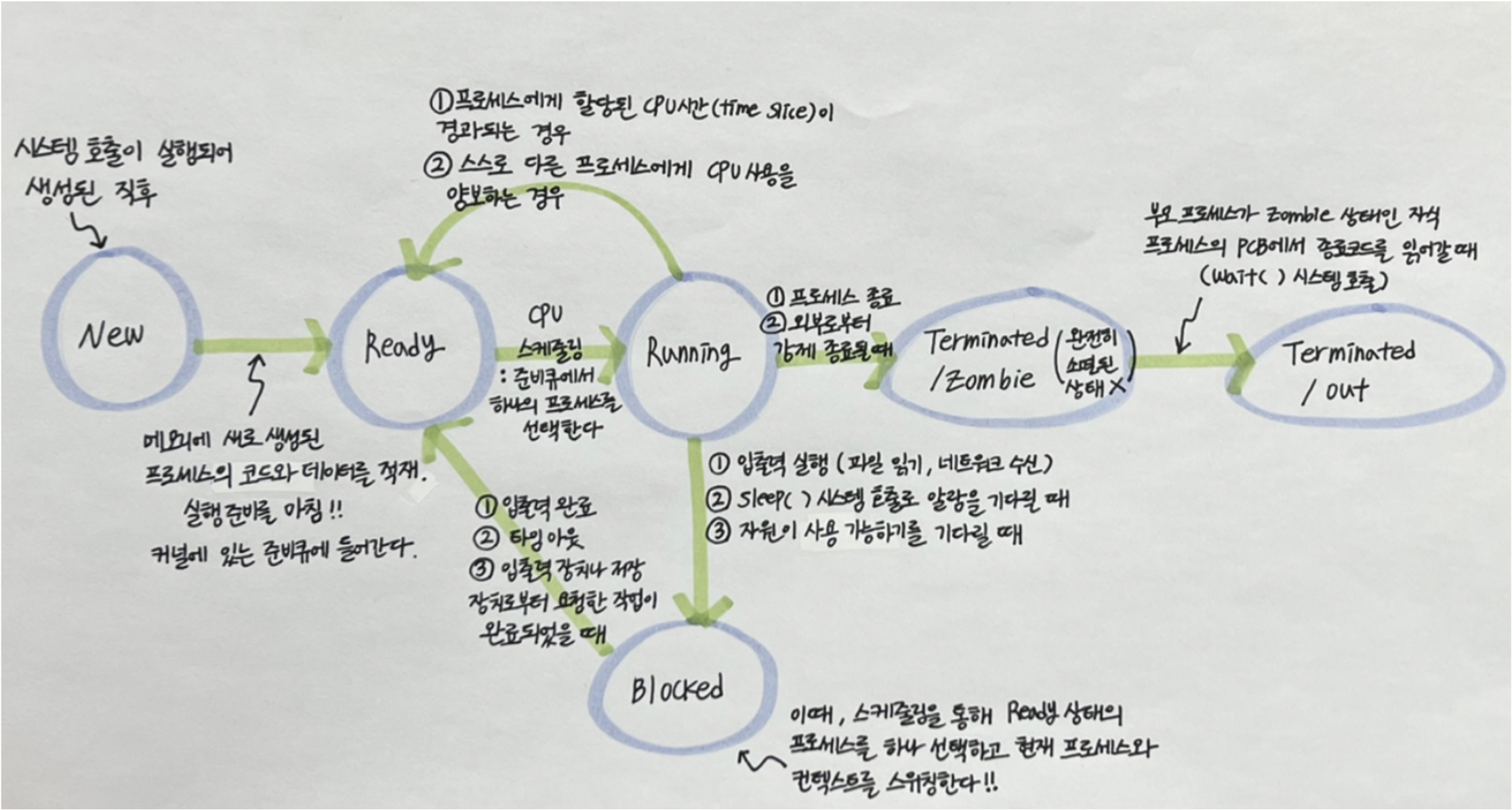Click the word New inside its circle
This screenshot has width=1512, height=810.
pos(111,335)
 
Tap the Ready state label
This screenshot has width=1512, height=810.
pos(404,346)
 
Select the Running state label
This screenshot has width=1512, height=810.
pos(691,352)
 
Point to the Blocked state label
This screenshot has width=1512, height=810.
pos(677,690)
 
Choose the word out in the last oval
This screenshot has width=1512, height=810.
pos(1346,391)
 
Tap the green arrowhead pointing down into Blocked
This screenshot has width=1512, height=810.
pos(705,607)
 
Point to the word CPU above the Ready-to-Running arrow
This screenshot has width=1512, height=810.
pos(546,315)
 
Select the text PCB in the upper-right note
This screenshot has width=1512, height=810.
pos(1258,247)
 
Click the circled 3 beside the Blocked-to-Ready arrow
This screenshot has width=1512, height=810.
pos(481,570)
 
